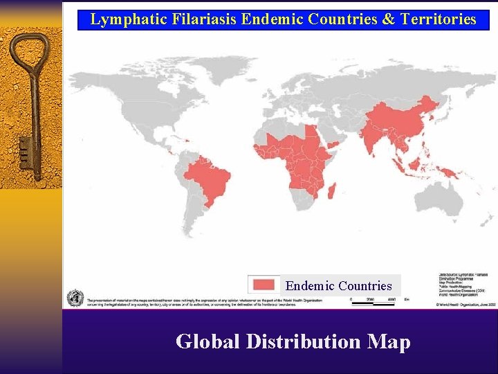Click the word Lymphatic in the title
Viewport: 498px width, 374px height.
coord(122,19)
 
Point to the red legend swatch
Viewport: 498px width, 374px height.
coord(264,285)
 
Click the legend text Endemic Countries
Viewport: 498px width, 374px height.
coord(338,286)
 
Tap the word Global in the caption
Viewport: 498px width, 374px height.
coord(207,341)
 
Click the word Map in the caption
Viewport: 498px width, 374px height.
coord(389,341)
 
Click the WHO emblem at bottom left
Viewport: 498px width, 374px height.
coord(74,299)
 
